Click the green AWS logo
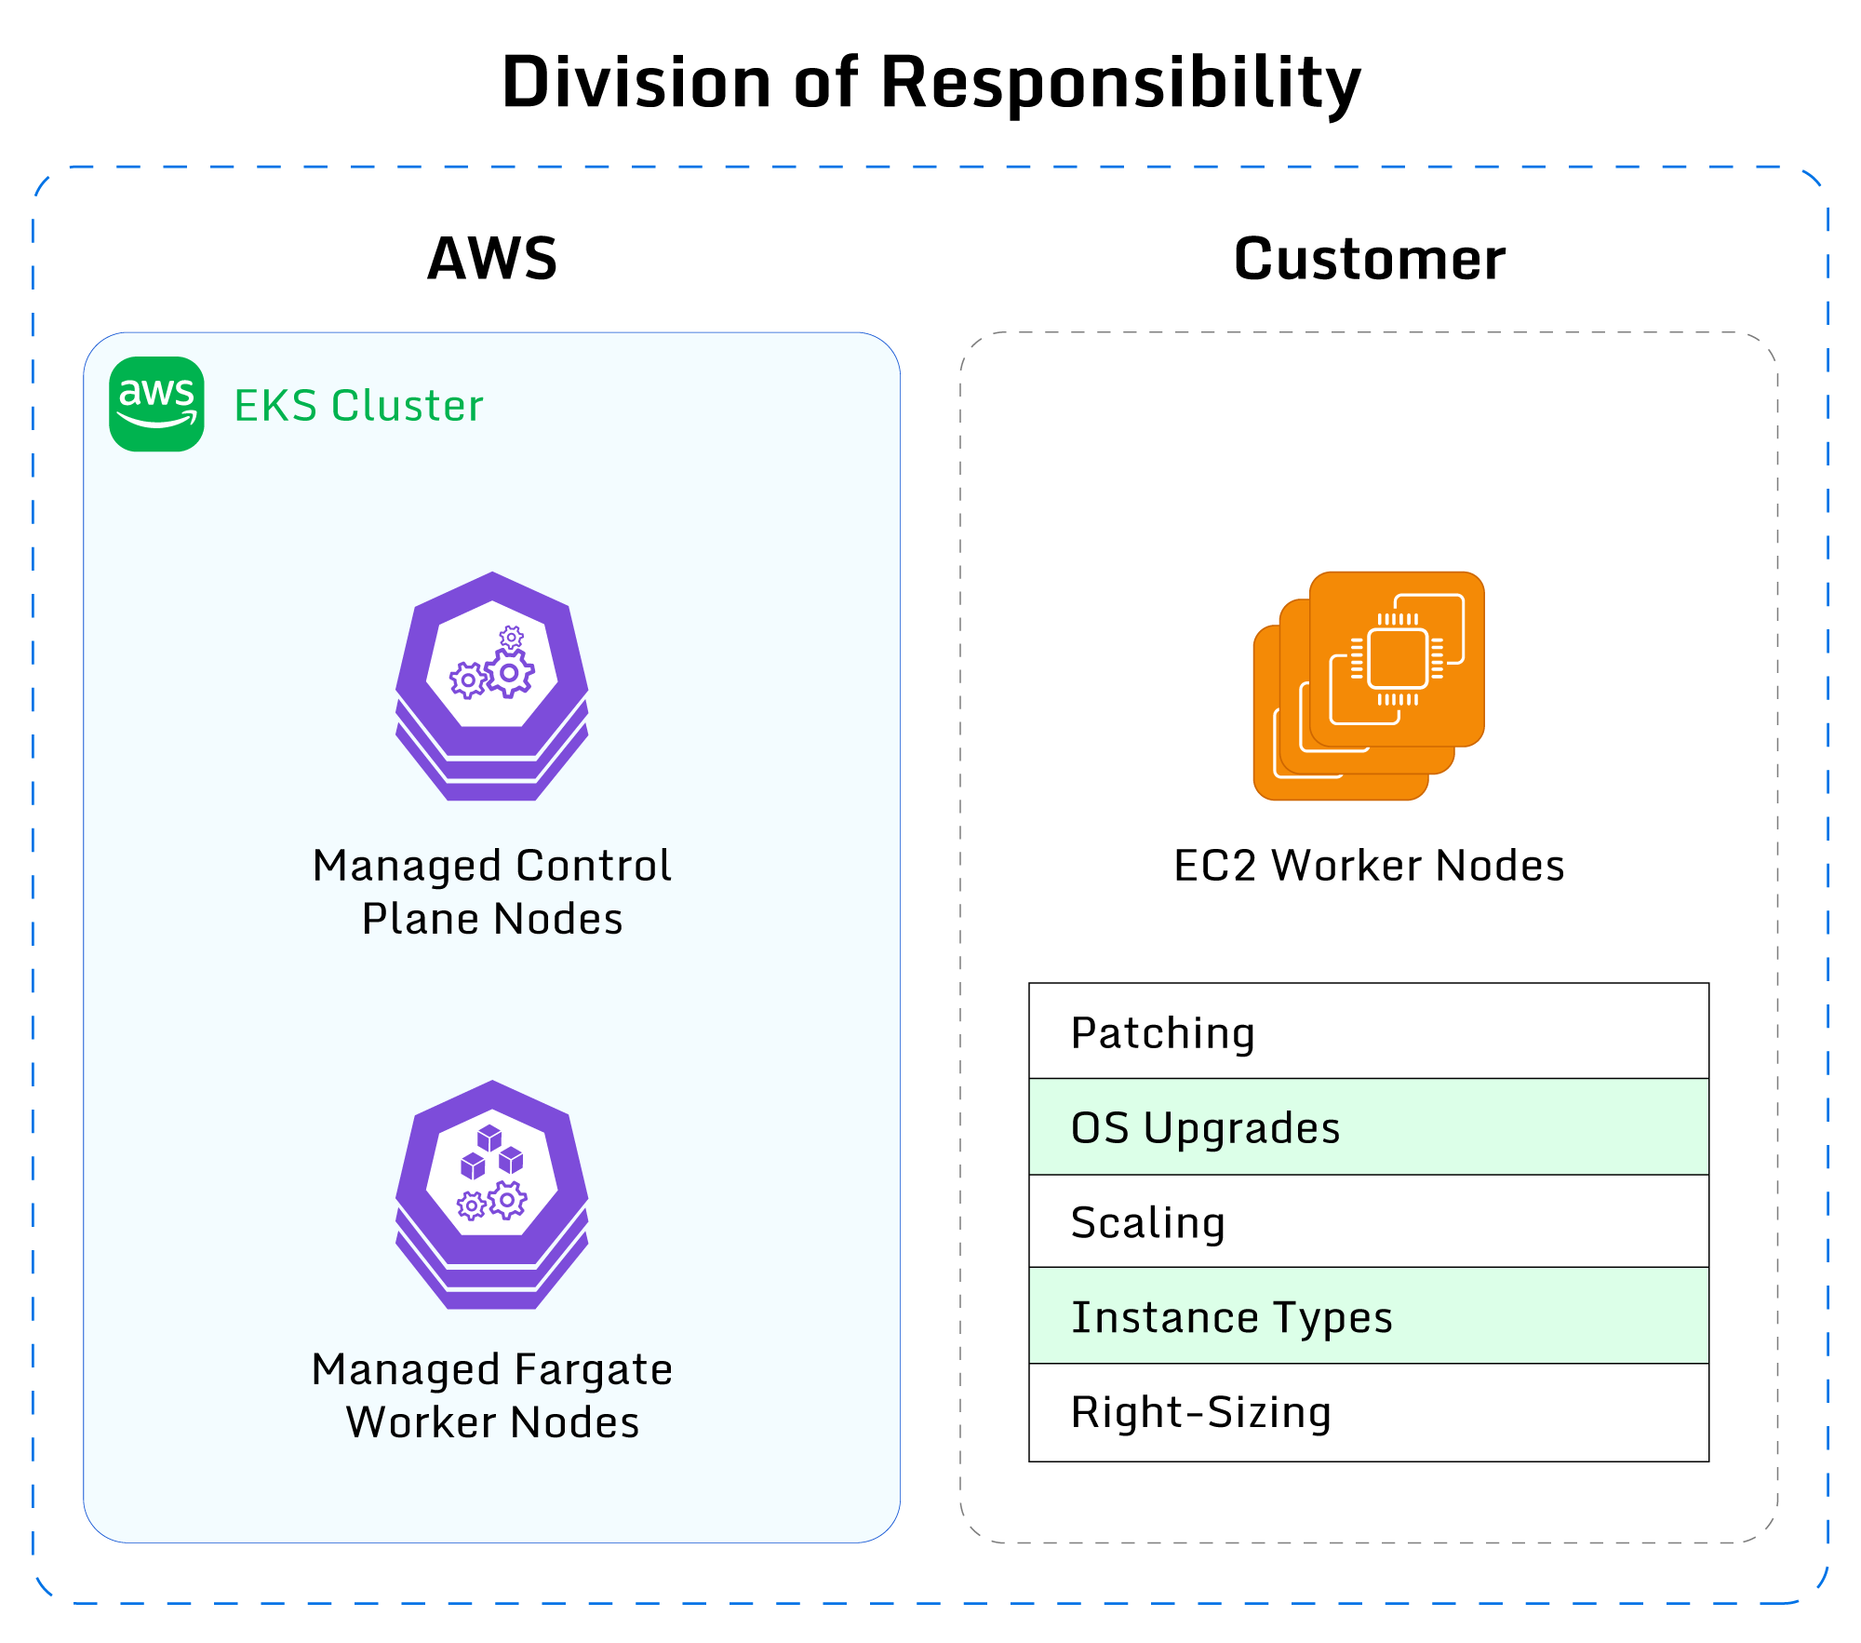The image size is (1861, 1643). [x=156, y=404]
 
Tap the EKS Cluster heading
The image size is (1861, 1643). [x=358, y=406]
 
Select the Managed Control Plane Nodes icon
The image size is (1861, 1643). [x=492, y=686]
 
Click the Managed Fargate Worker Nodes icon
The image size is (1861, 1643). [x=492, y=1194]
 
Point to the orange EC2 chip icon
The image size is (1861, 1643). [x=1369, y=686]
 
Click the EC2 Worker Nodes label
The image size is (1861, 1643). [x=1369, y=866]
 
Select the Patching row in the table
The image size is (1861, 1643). [x=1369, y=1031]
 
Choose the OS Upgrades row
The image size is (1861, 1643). [x=1369, y=1127]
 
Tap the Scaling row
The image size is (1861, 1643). [x=1369, y=1221]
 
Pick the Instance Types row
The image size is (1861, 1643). [x=1369, y=1316]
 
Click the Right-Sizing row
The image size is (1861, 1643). [x=1369, y=1412]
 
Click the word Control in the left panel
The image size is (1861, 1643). [x=594, y=866]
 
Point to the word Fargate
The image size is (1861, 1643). [x=593, y=1370]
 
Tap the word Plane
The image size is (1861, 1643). [x=420, y=920]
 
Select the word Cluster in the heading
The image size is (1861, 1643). [x=408, y=406]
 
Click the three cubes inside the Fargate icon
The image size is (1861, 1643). [x=491, y=1153]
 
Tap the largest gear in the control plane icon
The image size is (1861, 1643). [x=509, y=673]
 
